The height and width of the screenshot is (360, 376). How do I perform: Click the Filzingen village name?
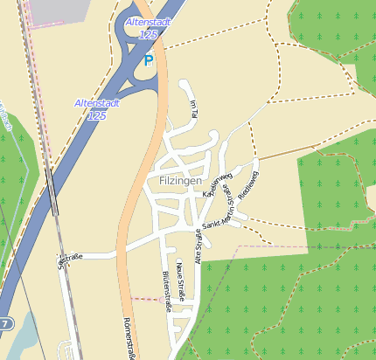[x=181, y=180]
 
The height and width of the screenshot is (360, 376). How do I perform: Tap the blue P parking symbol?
[x=149, y=61]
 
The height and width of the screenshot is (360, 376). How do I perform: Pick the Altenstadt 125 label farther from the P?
[x=97, y=108]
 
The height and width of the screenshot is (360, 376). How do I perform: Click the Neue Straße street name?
[x=180, y=280]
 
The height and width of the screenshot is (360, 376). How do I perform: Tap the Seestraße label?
[x=70, y=259]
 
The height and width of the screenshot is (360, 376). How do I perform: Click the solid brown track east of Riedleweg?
[x=280, y=154]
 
